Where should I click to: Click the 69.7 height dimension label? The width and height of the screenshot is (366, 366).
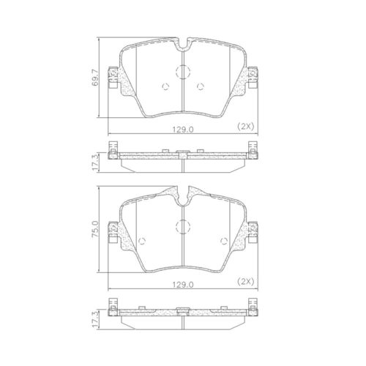click(x=94, y=78)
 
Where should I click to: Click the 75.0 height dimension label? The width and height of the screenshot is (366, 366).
click(x=94, y=228)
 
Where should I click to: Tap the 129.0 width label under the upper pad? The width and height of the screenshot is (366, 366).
click(x=183, y=130)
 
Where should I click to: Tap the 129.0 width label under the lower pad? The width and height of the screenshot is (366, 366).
click(x=183, y=285)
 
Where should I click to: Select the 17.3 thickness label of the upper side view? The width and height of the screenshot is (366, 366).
click(x=94, y=162)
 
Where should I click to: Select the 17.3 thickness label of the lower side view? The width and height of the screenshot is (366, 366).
click(x=94, y=319)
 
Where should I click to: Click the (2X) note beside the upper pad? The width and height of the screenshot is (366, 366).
click(x=246, y=126)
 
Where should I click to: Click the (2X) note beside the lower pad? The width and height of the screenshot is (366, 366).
click(x=246, y=282)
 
